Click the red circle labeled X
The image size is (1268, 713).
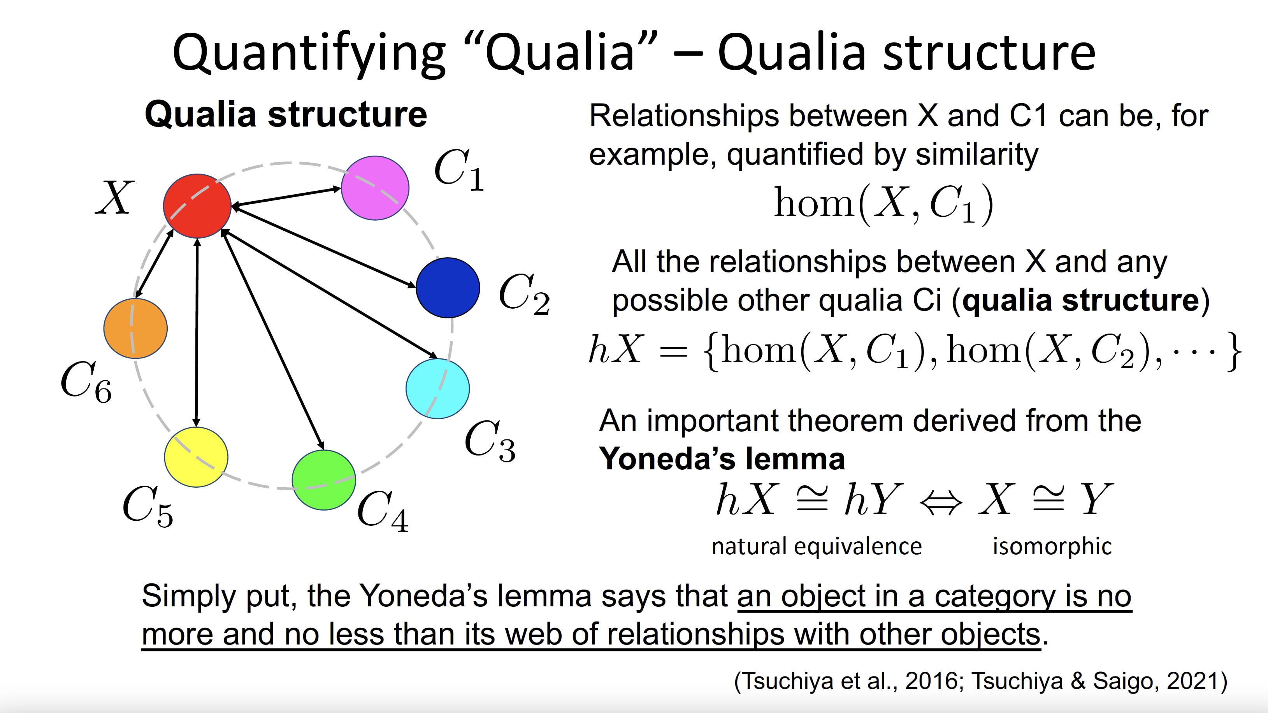197,205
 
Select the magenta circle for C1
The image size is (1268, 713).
375,188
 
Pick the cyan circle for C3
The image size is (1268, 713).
437,389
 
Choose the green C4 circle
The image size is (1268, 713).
324,480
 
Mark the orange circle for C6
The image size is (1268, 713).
135,328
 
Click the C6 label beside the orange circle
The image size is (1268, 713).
86,382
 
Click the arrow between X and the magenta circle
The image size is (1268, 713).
286,197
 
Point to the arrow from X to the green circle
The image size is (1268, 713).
273,339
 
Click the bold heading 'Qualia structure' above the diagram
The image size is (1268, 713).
286,115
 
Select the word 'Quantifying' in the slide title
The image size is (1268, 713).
309,53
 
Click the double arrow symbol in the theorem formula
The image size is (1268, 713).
941,503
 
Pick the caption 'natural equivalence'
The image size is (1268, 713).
817,546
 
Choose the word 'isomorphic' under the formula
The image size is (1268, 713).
1052,546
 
